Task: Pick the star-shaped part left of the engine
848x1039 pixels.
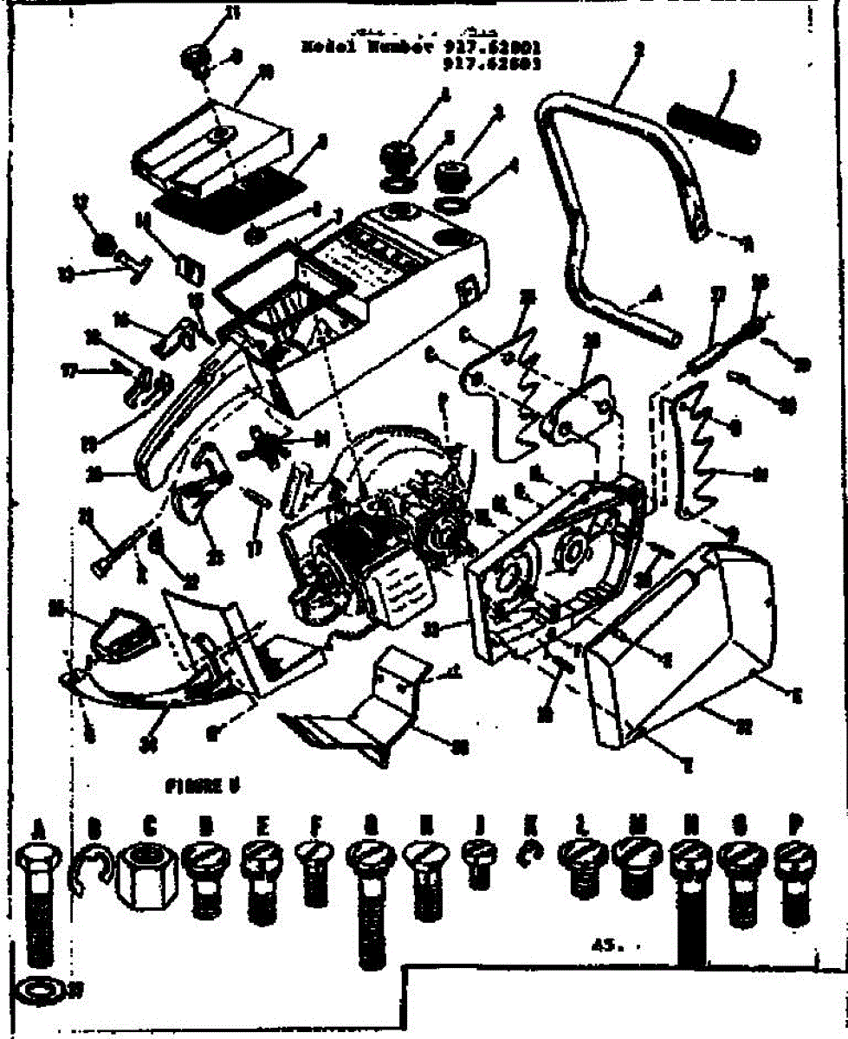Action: (x=274, y=443)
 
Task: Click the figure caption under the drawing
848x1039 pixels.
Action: (x=201, y=786)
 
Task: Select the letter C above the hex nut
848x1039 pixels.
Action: (x=148, y=827)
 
